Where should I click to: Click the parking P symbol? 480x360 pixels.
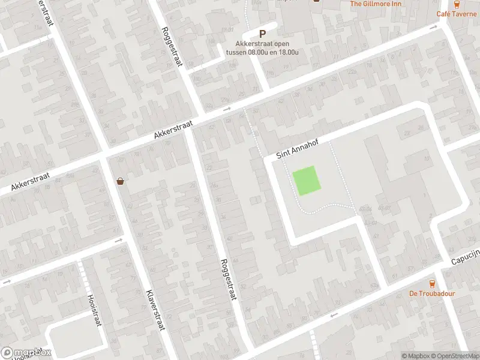(x=262, y=35)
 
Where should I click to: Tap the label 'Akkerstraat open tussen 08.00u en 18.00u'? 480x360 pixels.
(x=262, y=48)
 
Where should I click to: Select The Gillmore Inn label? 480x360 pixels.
(x=376, y=4)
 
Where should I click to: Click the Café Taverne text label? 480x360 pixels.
(x=457, y=14)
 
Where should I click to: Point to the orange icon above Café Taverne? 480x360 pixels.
(x=457, y=4)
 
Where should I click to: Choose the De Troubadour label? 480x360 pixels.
(x=432, y=293)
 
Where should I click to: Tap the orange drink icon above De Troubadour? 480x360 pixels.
(x=432, y=283)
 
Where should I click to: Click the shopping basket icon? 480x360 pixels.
(x=121, y=181)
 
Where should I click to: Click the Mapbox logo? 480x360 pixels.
(x=26, y=352)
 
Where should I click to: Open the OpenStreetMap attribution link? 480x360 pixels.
(x=457, y=356)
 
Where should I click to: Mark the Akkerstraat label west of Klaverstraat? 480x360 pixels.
(x=35, y=181)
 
